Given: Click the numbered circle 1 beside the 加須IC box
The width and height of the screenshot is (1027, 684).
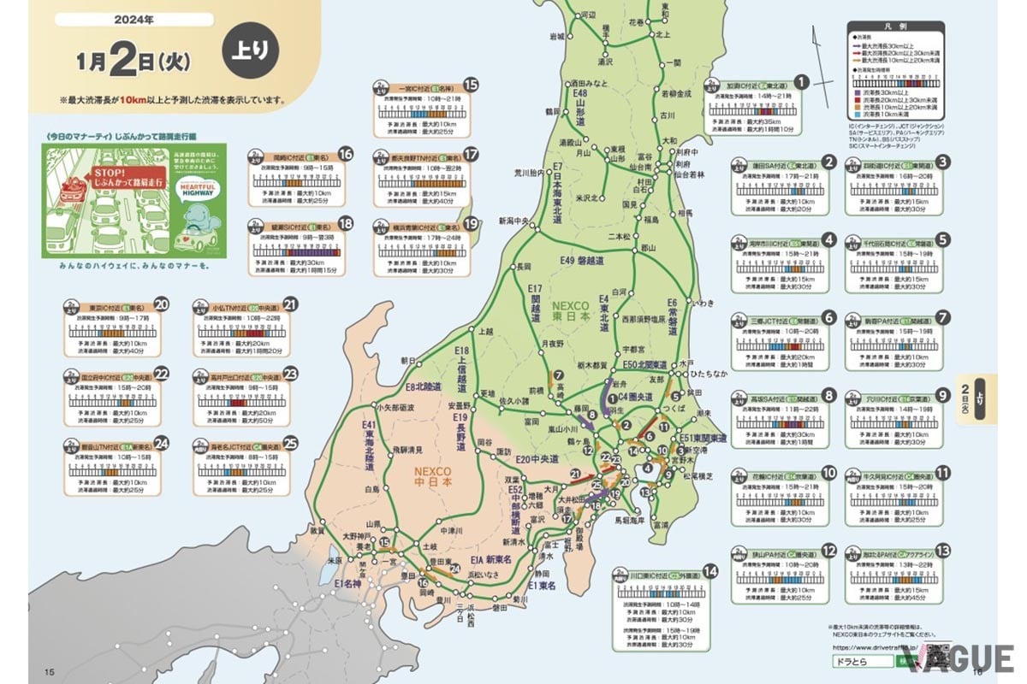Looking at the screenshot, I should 801,82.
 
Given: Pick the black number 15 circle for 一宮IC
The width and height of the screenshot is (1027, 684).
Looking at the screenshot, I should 470,85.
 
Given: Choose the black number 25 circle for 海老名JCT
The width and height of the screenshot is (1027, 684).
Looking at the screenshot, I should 290,443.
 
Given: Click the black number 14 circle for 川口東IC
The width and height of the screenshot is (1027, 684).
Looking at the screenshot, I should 709,571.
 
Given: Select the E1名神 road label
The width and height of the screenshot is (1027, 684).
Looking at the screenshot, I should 352,583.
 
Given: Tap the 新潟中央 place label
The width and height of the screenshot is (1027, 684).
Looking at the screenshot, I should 515,221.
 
